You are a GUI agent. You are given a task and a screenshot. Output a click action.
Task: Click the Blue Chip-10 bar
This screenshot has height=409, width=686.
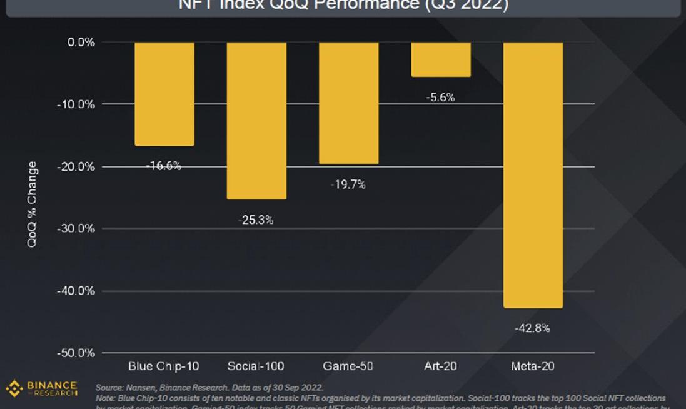coord(164,94)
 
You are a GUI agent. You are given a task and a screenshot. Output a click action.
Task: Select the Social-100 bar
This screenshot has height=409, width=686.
coord(256,121)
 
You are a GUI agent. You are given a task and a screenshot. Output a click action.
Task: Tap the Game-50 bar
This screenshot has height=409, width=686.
coord(348,103)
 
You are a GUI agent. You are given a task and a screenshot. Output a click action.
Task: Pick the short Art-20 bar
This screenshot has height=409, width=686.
coord(440,59)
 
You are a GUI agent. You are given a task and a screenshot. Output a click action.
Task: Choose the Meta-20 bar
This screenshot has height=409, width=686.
coord(533,175)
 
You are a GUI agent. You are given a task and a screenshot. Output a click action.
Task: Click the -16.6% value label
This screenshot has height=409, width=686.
coord(164,166)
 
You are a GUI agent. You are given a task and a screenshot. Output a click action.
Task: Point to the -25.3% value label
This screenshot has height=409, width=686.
coord(256,220)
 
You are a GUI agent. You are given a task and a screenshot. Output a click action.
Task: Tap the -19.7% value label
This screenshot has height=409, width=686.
coord(348,184)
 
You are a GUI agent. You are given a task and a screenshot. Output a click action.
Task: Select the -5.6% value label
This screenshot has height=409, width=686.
coord(440,97)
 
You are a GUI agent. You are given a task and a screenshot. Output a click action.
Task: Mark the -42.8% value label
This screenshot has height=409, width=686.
coord(533,328)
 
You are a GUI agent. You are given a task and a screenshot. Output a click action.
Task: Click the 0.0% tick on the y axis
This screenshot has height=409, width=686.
coord(81,42)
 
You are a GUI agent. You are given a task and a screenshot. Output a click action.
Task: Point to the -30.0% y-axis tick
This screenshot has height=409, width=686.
coord(78,228)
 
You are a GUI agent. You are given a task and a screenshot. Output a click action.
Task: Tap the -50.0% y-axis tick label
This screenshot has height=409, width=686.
coord(78,353)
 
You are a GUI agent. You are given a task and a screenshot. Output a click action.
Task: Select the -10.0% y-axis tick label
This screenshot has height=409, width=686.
coord(78,104)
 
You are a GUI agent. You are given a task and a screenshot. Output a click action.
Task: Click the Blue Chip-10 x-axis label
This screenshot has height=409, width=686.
coord(164,366)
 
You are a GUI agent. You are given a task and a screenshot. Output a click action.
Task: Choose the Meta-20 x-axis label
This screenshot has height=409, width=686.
coord(532,366)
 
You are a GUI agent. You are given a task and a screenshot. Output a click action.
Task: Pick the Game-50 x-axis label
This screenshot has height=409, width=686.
coord(348,366)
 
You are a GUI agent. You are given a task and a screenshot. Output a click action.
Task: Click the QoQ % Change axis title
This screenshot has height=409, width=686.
coord(33,204)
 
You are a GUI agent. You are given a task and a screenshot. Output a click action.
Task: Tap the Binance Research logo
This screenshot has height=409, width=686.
coord(41,388)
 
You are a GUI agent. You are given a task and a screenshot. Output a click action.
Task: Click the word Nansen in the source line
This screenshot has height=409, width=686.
coord(140,388)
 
